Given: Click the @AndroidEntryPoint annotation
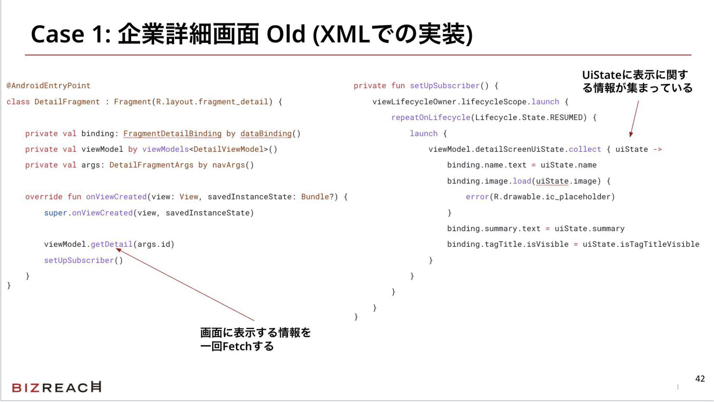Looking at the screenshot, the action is pos(48,86).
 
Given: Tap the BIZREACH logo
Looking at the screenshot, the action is pos(57,387).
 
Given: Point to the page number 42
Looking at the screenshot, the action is pos(700,379).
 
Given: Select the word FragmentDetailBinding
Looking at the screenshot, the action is pos(172,134).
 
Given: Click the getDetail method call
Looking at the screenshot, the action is pos(112,244).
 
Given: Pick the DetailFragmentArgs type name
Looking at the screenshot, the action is pos(151,165).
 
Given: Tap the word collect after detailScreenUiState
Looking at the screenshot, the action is pos(585,149).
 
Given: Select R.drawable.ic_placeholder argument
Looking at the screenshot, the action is pos(552,197).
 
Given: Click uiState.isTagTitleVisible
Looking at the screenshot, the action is pos(641,244).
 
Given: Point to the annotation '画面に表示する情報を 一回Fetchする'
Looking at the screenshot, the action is pos(255,339).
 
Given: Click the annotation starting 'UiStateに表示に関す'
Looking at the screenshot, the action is pos(637,82).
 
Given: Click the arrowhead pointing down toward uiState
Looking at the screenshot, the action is pos(631,134).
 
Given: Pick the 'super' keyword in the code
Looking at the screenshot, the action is pos(55,213).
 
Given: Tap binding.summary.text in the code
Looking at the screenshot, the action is pos(493,229).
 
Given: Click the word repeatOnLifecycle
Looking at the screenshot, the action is pos(431,118).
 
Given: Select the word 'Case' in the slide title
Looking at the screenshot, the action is pos(58,34).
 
